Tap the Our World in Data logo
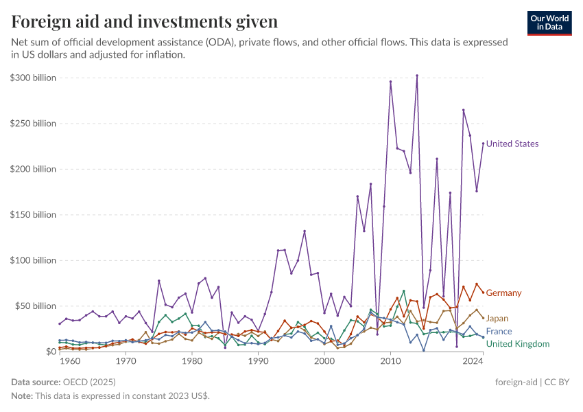tap(549, 22)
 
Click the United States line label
tap(512, 144)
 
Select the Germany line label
tap(503, 293)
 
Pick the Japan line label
tap(497, 319)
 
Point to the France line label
tap(499, 332)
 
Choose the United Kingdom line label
tap(518, 344)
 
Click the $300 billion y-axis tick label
tap(33, 78)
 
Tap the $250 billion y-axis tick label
tap(33, 124)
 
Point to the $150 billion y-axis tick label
tap(33, 215)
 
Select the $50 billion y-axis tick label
tap(35, 306)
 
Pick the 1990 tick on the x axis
tap(258, 360)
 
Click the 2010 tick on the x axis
tap(390, 360)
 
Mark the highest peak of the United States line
tap(417, 76)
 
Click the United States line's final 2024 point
tap(483, 144)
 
